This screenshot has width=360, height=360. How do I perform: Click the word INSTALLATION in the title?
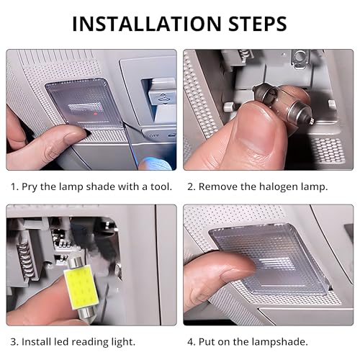147,24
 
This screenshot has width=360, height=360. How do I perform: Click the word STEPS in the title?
258,24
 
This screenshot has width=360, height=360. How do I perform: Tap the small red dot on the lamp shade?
95,113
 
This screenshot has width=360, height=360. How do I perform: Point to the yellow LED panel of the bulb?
81,286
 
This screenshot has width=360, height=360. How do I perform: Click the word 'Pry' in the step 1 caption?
30,187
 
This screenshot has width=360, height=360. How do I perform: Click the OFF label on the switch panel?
154,136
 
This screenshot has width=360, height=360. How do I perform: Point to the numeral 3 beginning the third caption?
14,342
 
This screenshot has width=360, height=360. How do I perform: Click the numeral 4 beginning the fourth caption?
192,342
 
